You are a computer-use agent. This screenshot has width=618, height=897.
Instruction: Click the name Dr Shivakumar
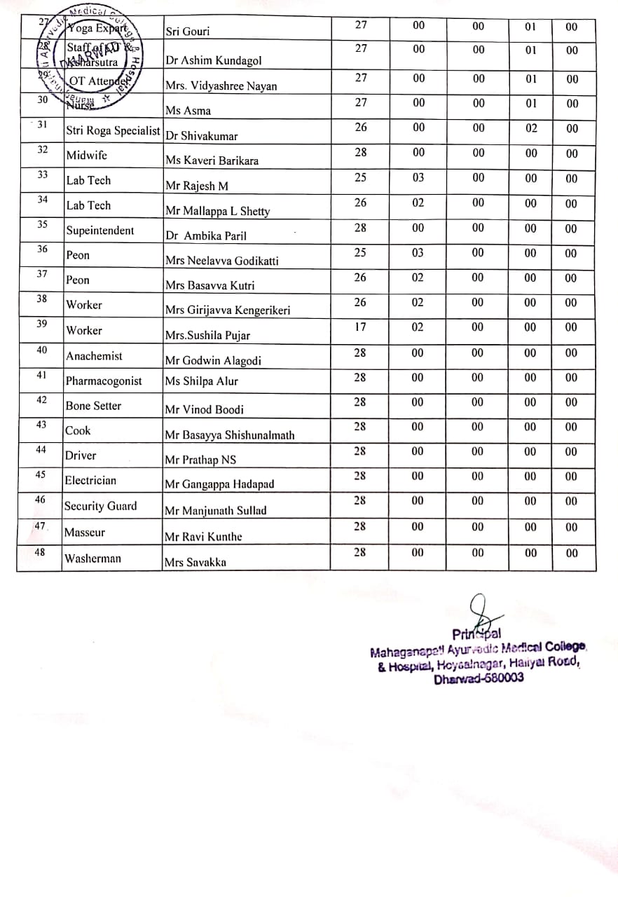[x=201, y=137]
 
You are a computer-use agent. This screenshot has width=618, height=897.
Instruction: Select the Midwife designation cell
[x=86, y=156]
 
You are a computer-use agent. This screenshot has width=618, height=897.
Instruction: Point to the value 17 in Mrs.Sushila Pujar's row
[x=359, y=327]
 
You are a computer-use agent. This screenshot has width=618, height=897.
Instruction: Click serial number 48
[x=40, y=552]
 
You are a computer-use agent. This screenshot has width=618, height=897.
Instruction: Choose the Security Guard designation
[x=100, y=506]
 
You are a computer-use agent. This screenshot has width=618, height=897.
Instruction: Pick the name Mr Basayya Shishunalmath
[x=229, y=435]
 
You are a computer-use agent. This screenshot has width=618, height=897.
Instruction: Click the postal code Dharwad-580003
[x=479, y=678]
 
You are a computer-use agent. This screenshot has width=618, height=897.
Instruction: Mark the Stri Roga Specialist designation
[x=113, y=130]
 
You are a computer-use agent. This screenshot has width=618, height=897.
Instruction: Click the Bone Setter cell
[x=93, y=406]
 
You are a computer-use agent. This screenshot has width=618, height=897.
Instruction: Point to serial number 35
[x=42, y=224]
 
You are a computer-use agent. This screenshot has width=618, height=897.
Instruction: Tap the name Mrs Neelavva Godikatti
[x=221, y=261]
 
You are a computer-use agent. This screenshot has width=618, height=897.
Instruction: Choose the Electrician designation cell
[x=90, y=481]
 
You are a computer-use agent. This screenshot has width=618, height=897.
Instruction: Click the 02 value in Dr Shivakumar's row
[x=531, y=128]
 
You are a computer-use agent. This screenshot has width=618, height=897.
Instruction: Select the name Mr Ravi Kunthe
[x=203, y=537]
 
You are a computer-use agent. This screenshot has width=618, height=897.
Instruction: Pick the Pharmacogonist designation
[x=104, y=381]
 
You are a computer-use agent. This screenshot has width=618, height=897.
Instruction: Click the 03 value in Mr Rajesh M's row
[x=418, y=178]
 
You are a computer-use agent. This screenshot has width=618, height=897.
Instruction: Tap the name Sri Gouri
[x=187, y=32]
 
